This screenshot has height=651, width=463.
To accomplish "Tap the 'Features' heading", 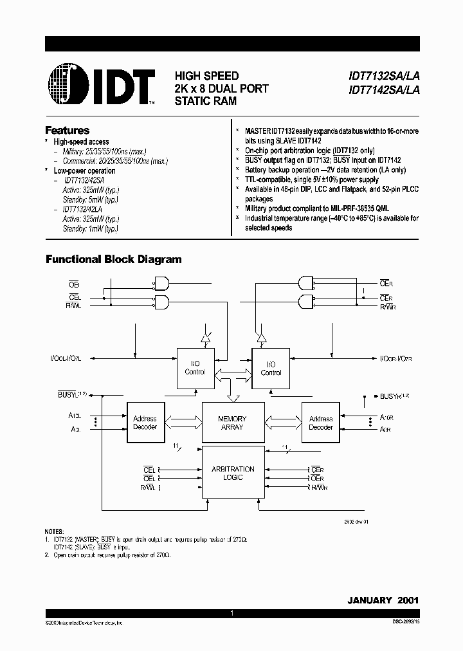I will click(x=67, y=130).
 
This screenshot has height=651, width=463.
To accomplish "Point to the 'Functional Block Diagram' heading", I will click(x=113, y=259).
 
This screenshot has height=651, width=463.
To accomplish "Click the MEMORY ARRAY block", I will click(x=232, y=423).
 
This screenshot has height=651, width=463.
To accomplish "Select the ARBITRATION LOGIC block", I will click(x=232, y=473).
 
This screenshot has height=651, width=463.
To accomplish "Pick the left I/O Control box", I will click(x=195, y=368).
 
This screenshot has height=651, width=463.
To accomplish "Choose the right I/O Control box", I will click(x=271, y=368).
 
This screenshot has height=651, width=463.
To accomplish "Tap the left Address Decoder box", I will click(x=145, y=423).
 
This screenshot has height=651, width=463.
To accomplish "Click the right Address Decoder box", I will click(x=320, y=423).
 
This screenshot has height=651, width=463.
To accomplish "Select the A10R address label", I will click(x=386, y=417).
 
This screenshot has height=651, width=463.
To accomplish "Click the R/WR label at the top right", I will click(x=386, y=307).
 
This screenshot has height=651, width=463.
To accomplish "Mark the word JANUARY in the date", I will click(x=369, y=600).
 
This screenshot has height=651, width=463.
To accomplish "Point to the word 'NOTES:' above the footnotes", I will click(x=55, y=531).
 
